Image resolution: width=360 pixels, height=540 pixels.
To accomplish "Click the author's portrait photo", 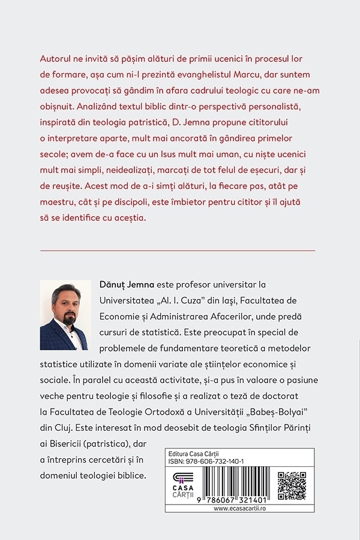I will click(64, 315).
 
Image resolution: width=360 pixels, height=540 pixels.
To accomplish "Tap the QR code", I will click(292, 485).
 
